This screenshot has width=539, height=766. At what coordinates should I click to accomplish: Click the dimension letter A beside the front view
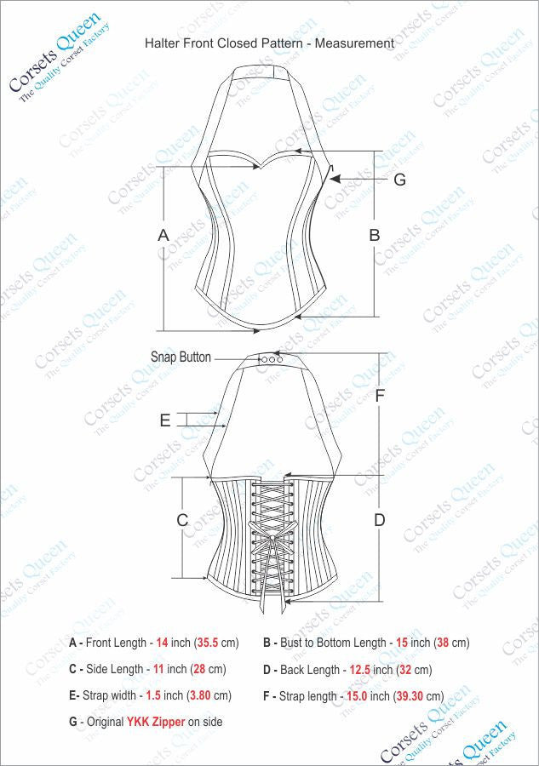coord(163,235)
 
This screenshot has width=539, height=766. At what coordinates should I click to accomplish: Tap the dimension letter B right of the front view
coord(375,235)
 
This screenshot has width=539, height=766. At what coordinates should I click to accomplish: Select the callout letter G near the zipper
coord(399,180)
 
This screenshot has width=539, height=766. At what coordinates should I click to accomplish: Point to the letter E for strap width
coord(165,420)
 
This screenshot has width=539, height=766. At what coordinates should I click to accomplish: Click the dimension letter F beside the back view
coord(380,396)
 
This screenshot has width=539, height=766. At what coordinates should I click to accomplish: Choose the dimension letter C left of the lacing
coord(182,520)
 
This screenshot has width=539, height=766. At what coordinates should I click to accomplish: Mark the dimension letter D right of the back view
coord(380,520)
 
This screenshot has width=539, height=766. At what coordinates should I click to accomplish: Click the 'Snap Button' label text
coord(181,357)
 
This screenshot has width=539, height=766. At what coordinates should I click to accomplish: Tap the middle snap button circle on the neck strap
coord(272,359)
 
